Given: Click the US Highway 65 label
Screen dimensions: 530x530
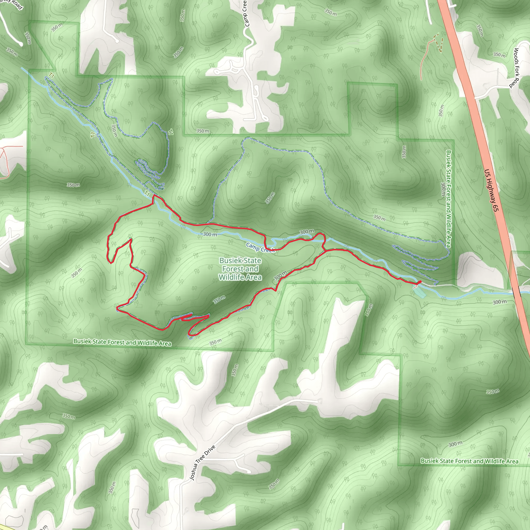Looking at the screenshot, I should click(491, 190).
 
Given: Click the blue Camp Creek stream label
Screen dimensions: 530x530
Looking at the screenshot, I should click(260, 248).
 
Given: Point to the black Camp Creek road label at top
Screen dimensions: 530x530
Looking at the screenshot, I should click(246, 14).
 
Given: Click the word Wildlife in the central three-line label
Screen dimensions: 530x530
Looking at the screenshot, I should click(240, 277).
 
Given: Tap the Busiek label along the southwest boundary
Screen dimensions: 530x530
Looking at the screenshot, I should click(122, 342).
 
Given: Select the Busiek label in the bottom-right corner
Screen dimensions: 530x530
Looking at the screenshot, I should click(469, 461).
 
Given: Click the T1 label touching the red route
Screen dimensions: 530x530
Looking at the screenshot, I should click(147, 194).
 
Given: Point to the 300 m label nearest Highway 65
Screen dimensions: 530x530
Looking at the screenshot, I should click(499, 302).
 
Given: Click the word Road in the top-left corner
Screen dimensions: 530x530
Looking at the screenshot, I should click(17, 4).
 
